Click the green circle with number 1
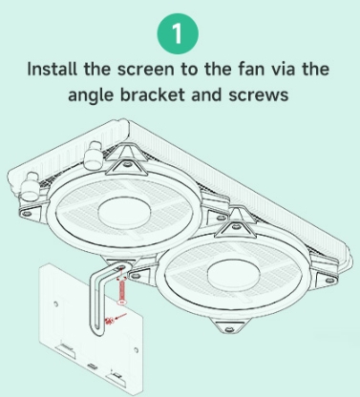click(x=178, y=33)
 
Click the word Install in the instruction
click(x=52, y=69)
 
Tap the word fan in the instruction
click(x=251, y=69)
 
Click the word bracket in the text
click(x=153, y=94)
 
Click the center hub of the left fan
click(x=124, y=211)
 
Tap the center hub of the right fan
click(x=234, y=274)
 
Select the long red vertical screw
click(x=121, y=290)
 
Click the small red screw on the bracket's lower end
click(x=110, y=322)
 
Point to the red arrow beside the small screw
click(x=120, y=317)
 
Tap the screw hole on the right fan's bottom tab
click(x=228, y=329)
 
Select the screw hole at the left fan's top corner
click(x=128, y=164)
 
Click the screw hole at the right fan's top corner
click(x=236, y=226)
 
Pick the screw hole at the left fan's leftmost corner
click(x=27, y=213)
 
